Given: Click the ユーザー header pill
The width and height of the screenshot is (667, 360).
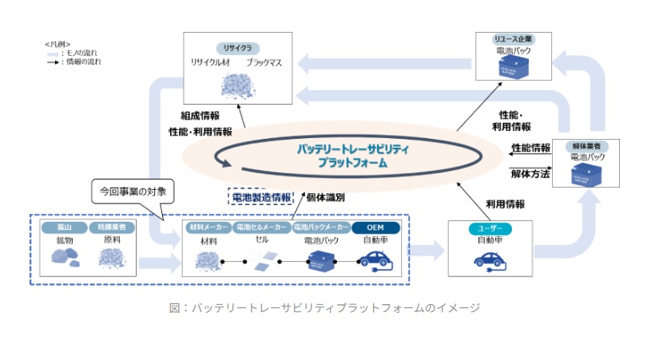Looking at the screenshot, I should coord(490,229).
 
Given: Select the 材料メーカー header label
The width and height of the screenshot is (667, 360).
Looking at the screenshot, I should coord(208,227).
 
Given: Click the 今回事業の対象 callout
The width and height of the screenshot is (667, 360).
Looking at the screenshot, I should coord(132,192).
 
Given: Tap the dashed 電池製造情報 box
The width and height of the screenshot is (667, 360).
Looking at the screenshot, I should coord(260,196).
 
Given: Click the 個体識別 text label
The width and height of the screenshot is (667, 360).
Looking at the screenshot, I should coord(326,196).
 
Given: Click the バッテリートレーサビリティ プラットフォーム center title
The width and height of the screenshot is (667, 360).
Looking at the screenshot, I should coord(352,156).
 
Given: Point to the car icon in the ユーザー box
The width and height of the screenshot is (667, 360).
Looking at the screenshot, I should coord(490,260).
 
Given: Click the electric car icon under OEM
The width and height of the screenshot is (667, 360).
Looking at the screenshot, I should coord(375,259).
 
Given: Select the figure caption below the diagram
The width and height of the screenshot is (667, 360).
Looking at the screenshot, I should coord(333,307).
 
